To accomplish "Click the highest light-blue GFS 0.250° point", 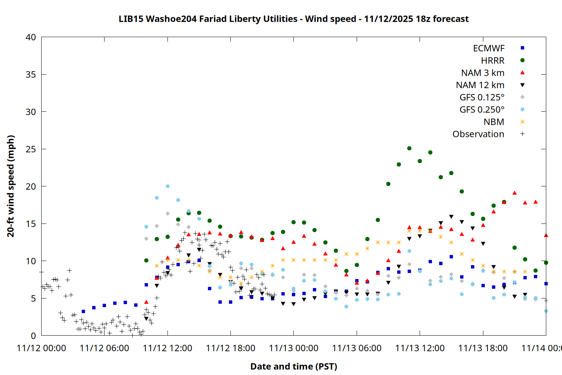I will pos(167,186).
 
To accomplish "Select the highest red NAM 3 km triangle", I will pos(514,193).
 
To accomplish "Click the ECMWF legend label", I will pos(489,48).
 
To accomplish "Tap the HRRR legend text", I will pos(493,61).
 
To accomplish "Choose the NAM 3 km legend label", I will pos(483,73).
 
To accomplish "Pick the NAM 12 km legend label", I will pos(480,85).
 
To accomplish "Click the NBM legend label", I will pos(494,122).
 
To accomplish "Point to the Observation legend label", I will pos(478,134).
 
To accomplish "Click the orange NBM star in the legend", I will pos(522,122).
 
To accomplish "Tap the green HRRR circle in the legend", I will pos(522,60).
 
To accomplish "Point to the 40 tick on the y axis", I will pos(31,37).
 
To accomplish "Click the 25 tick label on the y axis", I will pos(31,149).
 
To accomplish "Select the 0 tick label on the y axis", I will pos(34,336).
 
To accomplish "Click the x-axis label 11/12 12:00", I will pos(167,348).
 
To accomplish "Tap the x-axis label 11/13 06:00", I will pos(357,348).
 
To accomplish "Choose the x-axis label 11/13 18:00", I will pos(483,348).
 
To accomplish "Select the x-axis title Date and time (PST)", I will pos(293,366).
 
